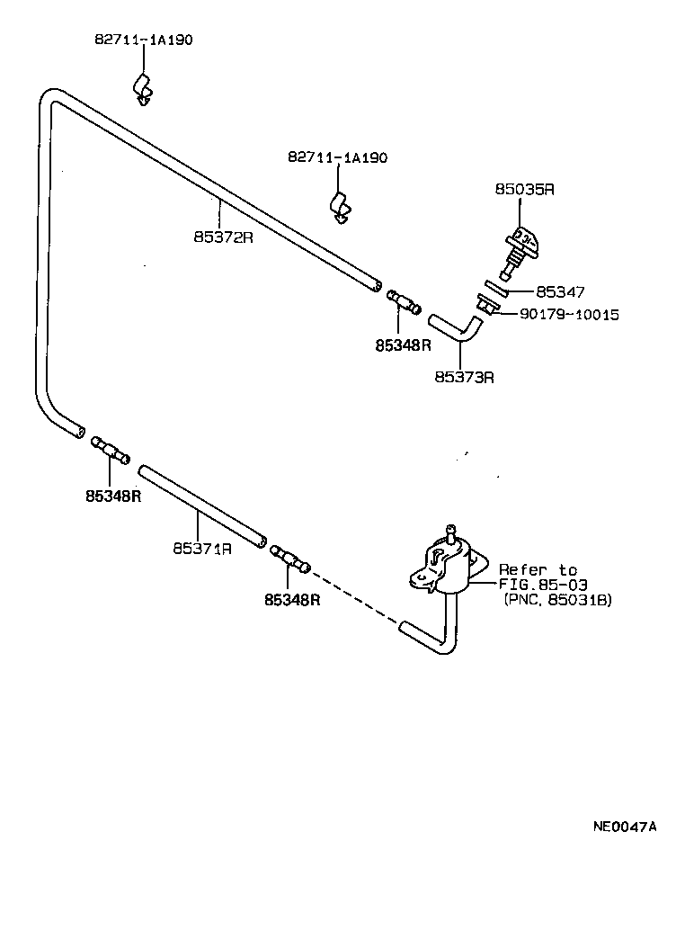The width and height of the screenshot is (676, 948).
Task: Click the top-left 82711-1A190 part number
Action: click(144, 40)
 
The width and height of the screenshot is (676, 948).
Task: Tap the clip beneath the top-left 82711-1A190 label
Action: click(143, 87)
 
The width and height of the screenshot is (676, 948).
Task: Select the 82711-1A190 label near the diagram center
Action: click(337, 157)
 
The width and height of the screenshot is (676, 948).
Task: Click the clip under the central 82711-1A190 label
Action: click(340, 206)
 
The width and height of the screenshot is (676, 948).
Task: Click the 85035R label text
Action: click(524, 190)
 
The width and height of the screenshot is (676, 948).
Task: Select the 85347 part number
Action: click(560, 292)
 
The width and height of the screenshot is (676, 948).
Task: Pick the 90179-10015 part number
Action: click(568, 315)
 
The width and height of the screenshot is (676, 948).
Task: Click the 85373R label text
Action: click(464, 378)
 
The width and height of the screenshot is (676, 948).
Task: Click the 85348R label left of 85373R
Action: click(404, 344)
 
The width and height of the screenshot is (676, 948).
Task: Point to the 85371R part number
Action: click(202, 548)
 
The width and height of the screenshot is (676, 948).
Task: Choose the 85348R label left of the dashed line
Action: click(292, 599)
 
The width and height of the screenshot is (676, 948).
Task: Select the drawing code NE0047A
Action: click(624, 827)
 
